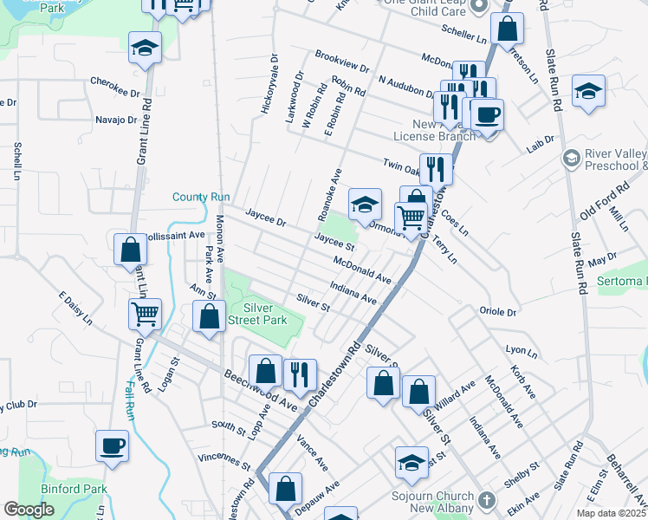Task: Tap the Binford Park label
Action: [78, 489]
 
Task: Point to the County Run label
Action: [201, 198]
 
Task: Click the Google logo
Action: [29, 510]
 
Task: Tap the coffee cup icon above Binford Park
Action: [113, 446]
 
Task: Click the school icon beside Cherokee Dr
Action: [146, 48]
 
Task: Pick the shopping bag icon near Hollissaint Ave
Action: [130, 250]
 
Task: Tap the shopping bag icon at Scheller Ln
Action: [507, 29]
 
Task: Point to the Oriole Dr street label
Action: [497, 311]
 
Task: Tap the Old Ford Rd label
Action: [600, 209]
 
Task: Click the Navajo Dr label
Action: [116, 120]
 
